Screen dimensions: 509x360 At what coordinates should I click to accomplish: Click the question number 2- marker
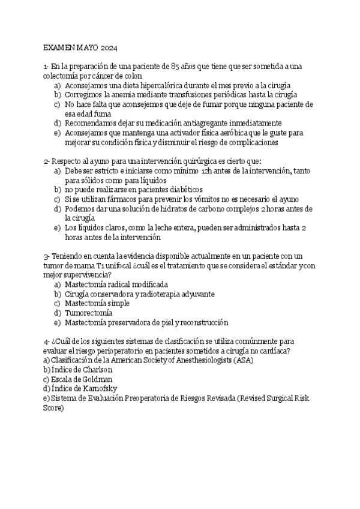pyautogui.click(x=47, y=161)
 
